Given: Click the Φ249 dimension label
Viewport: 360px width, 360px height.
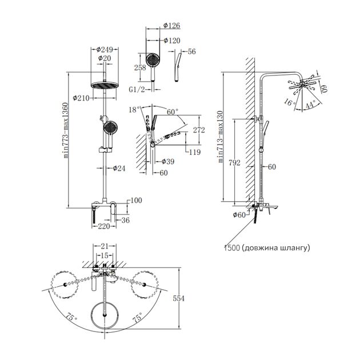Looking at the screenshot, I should (104, 49).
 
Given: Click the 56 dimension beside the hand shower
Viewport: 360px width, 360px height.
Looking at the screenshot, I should (191, 51).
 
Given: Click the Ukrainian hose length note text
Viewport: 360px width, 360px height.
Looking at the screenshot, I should (267, 247).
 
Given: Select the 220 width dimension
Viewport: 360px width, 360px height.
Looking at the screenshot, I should (103, 227).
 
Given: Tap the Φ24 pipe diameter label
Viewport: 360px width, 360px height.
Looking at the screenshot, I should (119, 168).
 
